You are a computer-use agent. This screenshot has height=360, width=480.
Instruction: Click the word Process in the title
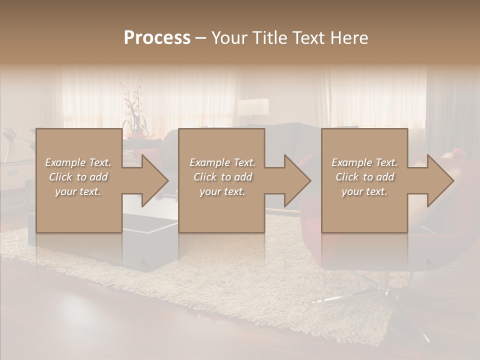pos(157,38)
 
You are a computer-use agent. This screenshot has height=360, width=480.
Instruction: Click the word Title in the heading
pos(270,38)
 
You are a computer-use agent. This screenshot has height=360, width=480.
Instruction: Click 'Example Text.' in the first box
pos(78,162)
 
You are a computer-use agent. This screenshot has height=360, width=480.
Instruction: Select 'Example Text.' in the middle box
pos(222,162)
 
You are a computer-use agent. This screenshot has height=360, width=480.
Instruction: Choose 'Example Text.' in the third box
pos(364,162)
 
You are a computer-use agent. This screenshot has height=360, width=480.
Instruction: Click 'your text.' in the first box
pos(78,191)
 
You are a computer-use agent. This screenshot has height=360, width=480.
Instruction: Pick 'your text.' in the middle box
pos(222,191)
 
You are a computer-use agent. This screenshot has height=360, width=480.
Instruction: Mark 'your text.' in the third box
pos(364,191)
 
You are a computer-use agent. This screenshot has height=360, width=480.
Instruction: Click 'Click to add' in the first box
pos(78,177)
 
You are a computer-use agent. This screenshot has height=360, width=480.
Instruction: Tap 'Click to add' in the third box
pos(364,177)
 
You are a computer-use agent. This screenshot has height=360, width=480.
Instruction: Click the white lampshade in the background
pos(253,107)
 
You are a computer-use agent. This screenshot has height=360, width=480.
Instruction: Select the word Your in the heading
pos(229,38)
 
